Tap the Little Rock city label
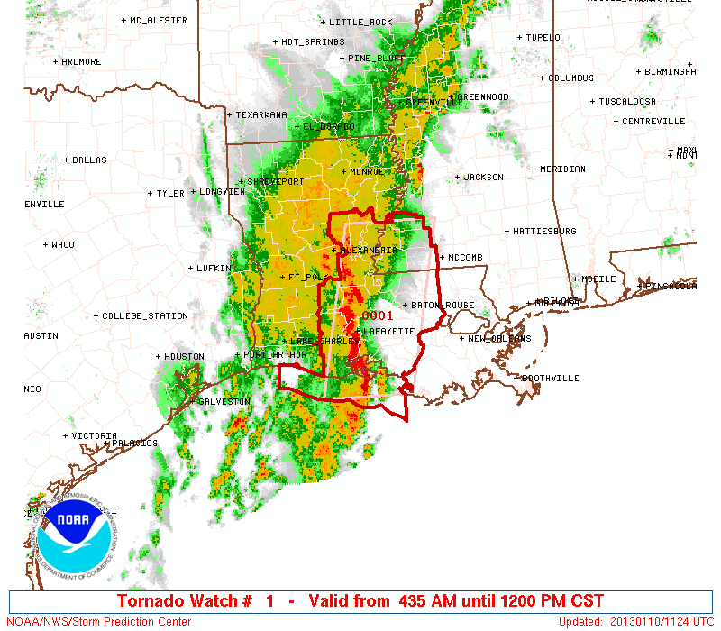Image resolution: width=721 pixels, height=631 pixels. pos(360,22)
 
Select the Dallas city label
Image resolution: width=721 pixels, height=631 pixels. pos(89,160)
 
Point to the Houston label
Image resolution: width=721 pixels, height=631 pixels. pos(184,357)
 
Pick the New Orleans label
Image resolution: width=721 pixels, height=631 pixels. pos(498,339)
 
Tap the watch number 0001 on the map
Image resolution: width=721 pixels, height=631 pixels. pos(377,315)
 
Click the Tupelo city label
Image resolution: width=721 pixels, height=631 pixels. pos(543,38)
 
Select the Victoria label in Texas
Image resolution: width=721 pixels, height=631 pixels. pos(94,435)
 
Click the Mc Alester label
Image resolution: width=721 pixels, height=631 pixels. pos(158,20)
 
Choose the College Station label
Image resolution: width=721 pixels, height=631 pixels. pos(144,316)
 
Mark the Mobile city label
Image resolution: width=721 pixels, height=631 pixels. pos(598,279)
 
